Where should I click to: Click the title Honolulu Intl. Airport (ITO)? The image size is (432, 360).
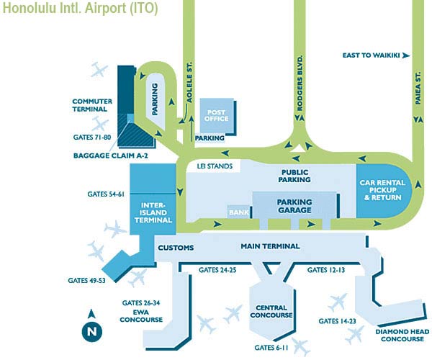click(x=80, y=10)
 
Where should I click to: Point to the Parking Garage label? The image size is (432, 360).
click(x=294, y=206)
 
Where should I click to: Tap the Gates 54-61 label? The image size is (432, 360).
click(x=106, y=194)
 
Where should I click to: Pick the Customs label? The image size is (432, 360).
click(x=176, y=248)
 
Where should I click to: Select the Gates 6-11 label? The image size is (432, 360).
click(x=272, y=348)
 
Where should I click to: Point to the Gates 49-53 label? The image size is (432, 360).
click(x=87, y=280)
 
